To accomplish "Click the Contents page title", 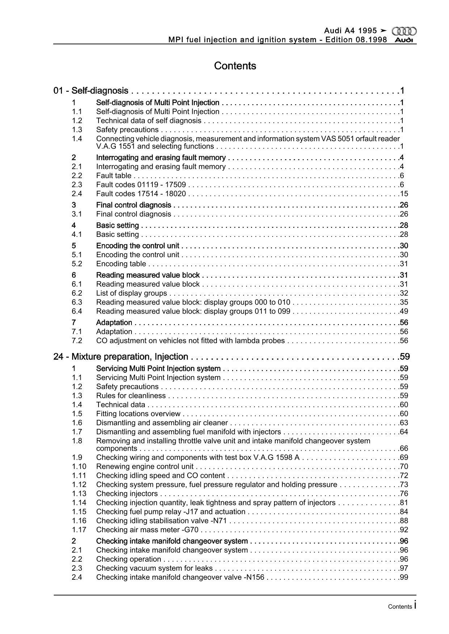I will [235, 66].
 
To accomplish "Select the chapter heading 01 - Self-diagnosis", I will [91, 90].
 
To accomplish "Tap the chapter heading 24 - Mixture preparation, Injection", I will [121, 357].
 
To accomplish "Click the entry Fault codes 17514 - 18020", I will [141, 194].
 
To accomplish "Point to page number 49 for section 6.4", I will [404, 311].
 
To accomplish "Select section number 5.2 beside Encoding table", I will [77, 264].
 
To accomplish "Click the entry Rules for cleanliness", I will [131, 396].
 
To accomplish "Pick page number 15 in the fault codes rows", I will [404, 194].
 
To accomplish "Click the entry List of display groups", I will [131, 293].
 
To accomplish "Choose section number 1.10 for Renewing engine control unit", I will [79, 467].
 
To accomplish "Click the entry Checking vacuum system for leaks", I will [154, 568].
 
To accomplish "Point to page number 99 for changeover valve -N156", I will [404, 577].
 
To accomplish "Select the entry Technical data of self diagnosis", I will [148, 121].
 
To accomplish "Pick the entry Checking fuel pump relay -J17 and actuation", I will [171, 512].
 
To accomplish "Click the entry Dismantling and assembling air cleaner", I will [162, 423].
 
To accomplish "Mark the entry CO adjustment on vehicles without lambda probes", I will [190, 341].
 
